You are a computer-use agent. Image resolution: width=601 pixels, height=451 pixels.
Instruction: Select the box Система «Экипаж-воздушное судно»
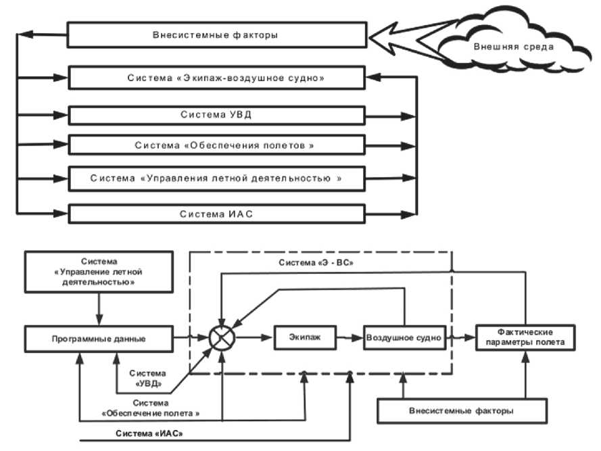218,78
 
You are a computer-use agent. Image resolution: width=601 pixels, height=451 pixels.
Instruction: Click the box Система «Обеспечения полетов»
218,145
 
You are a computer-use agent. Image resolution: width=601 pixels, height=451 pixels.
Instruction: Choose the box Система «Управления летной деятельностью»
218,179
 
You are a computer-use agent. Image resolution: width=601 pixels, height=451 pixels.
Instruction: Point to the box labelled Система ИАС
218,214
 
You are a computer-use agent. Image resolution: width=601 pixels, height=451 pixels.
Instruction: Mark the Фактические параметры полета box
525,337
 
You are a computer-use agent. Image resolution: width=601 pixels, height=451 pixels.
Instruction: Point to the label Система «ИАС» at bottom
149,433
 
